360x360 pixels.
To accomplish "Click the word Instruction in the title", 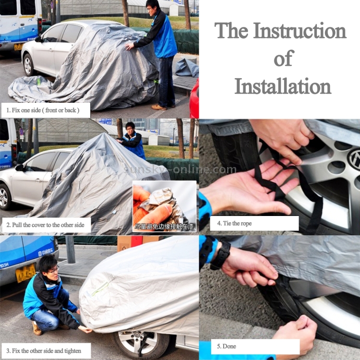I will tap(299, 31).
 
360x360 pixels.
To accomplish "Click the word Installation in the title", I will tap(283, 87).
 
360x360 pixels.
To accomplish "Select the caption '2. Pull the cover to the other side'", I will tap(46, 225).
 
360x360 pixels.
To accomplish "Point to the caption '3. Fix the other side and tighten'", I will tap(46, 350).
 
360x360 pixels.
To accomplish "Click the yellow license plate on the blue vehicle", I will tap(25, 274).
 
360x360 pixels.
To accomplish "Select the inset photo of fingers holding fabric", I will tap(164, 206).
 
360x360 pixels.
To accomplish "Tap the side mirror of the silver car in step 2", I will tap(20, 168).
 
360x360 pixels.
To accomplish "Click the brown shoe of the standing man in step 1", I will tap(159, 107).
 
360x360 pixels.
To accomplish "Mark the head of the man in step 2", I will tap(130, 128).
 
